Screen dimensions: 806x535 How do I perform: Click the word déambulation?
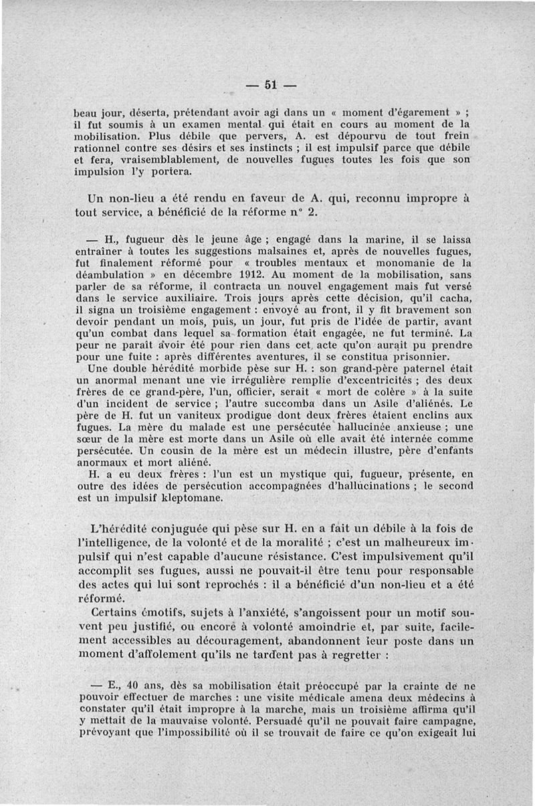110,274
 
